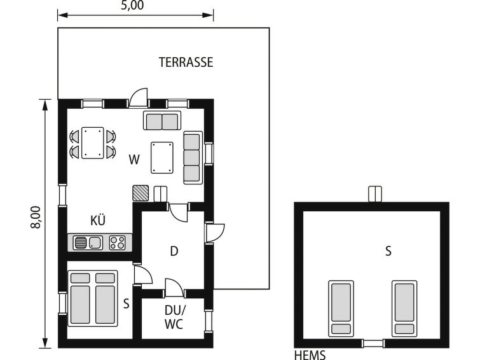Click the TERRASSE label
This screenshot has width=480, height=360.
[x=186, y=62]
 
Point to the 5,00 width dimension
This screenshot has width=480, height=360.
[x=132, y=5]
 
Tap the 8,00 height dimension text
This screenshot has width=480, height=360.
[x=36, y=218]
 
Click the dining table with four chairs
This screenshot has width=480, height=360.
[x=93, y=143]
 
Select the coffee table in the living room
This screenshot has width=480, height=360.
[x=162, y=158]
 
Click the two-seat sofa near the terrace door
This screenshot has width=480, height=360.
[x=162, y=121]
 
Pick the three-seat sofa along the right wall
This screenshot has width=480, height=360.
[x=193, y=158]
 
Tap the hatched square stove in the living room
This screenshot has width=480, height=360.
[x=141, y=193]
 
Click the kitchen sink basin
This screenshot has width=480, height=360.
[x=95, y=243]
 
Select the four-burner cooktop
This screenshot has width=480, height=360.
[x=118, y=243]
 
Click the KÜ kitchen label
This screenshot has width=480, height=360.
[x=98, y=221]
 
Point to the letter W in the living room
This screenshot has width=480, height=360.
[x=134, y=160]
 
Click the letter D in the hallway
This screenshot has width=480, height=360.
[x=174, y=251]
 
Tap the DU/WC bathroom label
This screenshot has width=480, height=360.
[x=174, y=317]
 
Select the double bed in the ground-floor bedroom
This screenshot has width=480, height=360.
[x=93, y=298]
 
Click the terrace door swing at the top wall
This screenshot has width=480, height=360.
[x=139, y=98]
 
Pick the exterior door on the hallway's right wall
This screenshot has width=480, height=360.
[x=215, y=233]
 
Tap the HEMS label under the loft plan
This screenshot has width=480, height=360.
[x=310, y=355]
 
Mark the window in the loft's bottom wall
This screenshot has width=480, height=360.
[x=373, y=343]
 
